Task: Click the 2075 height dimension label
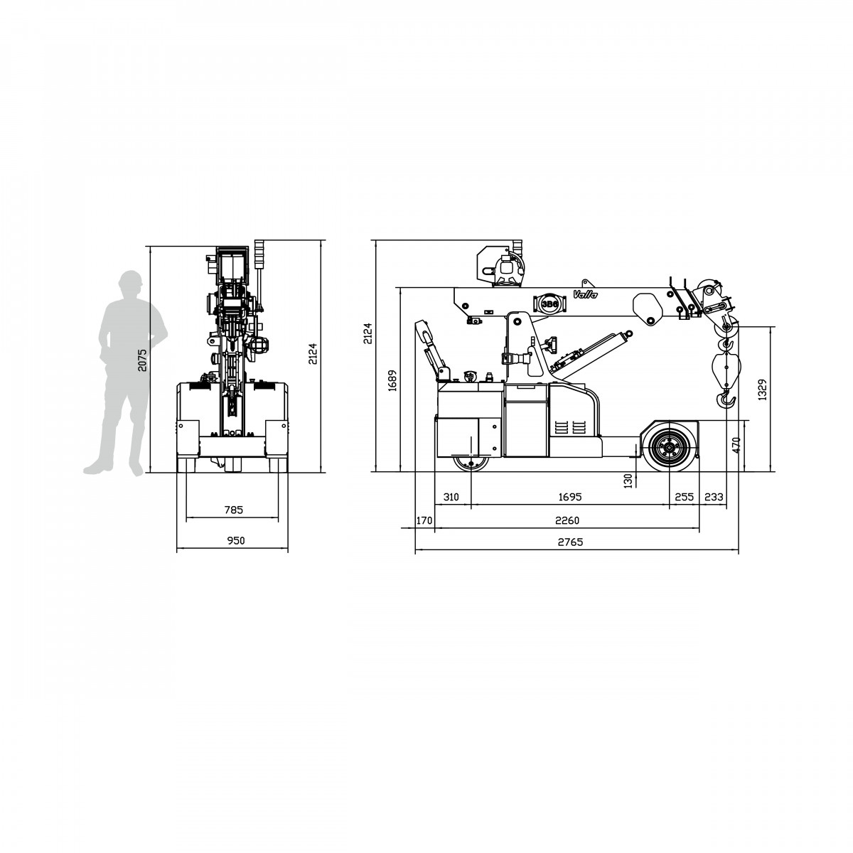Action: pos(141,360)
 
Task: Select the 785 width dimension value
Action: pos(233,510)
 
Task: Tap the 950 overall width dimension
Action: pos(235,540)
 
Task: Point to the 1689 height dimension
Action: pos(392,381)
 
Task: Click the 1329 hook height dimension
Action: pos(762,390)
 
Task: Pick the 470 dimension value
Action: pos(736,445)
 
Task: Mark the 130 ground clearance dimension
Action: pos(628,481)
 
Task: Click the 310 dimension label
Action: pos(451,497)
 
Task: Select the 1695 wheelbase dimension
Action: pos(569,497)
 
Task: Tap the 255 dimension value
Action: pos(684,497)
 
